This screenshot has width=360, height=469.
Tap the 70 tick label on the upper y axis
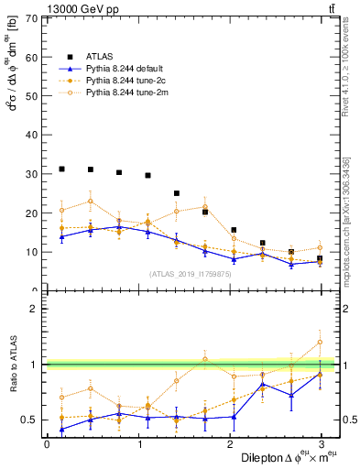tap(32, 18)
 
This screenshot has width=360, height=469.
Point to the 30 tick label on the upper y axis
tap(32, 174)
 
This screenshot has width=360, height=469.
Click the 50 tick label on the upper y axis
tap(32, 96)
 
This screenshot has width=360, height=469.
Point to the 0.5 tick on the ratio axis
tap(27, 420)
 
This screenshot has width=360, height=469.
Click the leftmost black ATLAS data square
tap(61, 169)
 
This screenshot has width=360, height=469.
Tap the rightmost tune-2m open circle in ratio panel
tap(320, 343)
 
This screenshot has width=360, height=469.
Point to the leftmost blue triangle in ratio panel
tap(61, 429)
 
